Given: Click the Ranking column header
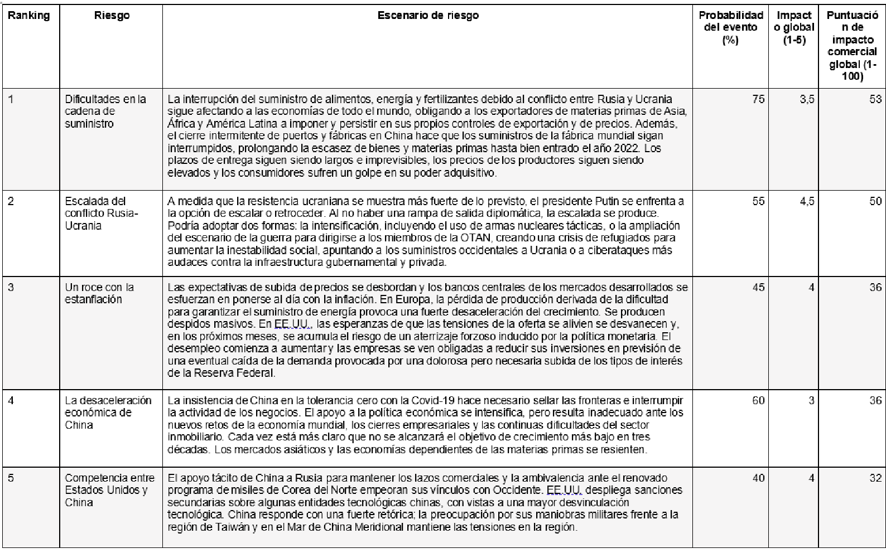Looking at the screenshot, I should [28, 16].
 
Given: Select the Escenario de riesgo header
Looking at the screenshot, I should [427, 16].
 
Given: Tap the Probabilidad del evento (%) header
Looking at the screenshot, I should [730, 27].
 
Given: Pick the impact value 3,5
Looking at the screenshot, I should [807, 100].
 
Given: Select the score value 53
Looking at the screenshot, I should [875, 100].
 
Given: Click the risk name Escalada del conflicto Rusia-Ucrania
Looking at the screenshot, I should [102, 214].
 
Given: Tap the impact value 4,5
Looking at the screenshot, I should [807, 201].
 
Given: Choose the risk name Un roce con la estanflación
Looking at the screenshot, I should [99, 293].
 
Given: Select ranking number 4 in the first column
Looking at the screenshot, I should [11, 401].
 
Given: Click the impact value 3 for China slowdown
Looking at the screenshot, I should [811, 401].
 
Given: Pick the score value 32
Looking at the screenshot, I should [875, 478].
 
